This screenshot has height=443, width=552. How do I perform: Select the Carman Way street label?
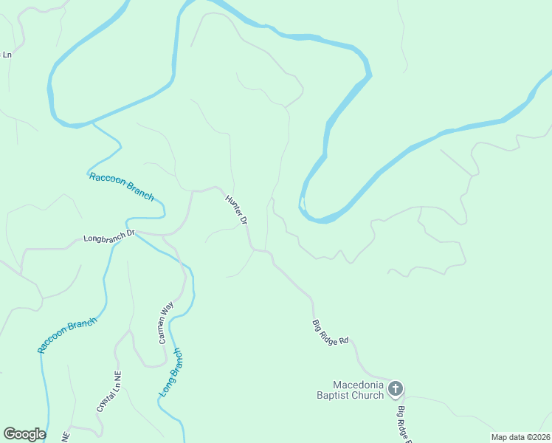click(x=166, y=323)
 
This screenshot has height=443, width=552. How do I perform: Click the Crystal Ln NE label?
click(x=108, y=391)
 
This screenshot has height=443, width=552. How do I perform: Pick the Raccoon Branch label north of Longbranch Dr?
click(x=121, y=185)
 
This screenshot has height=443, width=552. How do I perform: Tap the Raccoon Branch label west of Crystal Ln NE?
click(x=67, y=335)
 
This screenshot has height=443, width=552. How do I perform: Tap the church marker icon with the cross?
click(x=396, y=388)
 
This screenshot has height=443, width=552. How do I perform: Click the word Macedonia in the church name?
click(x=359, y=385)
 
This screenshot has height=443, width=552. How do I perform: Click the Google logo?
click(x=24, y=434)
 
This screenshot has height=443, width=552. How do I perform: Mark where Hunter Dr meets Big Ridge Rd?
click(x=254, y=250)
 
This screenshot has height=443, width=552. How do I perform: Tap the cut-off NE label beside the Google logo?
click(x=66, y=436)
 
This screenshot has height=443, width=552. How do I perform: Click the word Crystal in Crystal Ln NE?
click(x=104, y=399)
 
